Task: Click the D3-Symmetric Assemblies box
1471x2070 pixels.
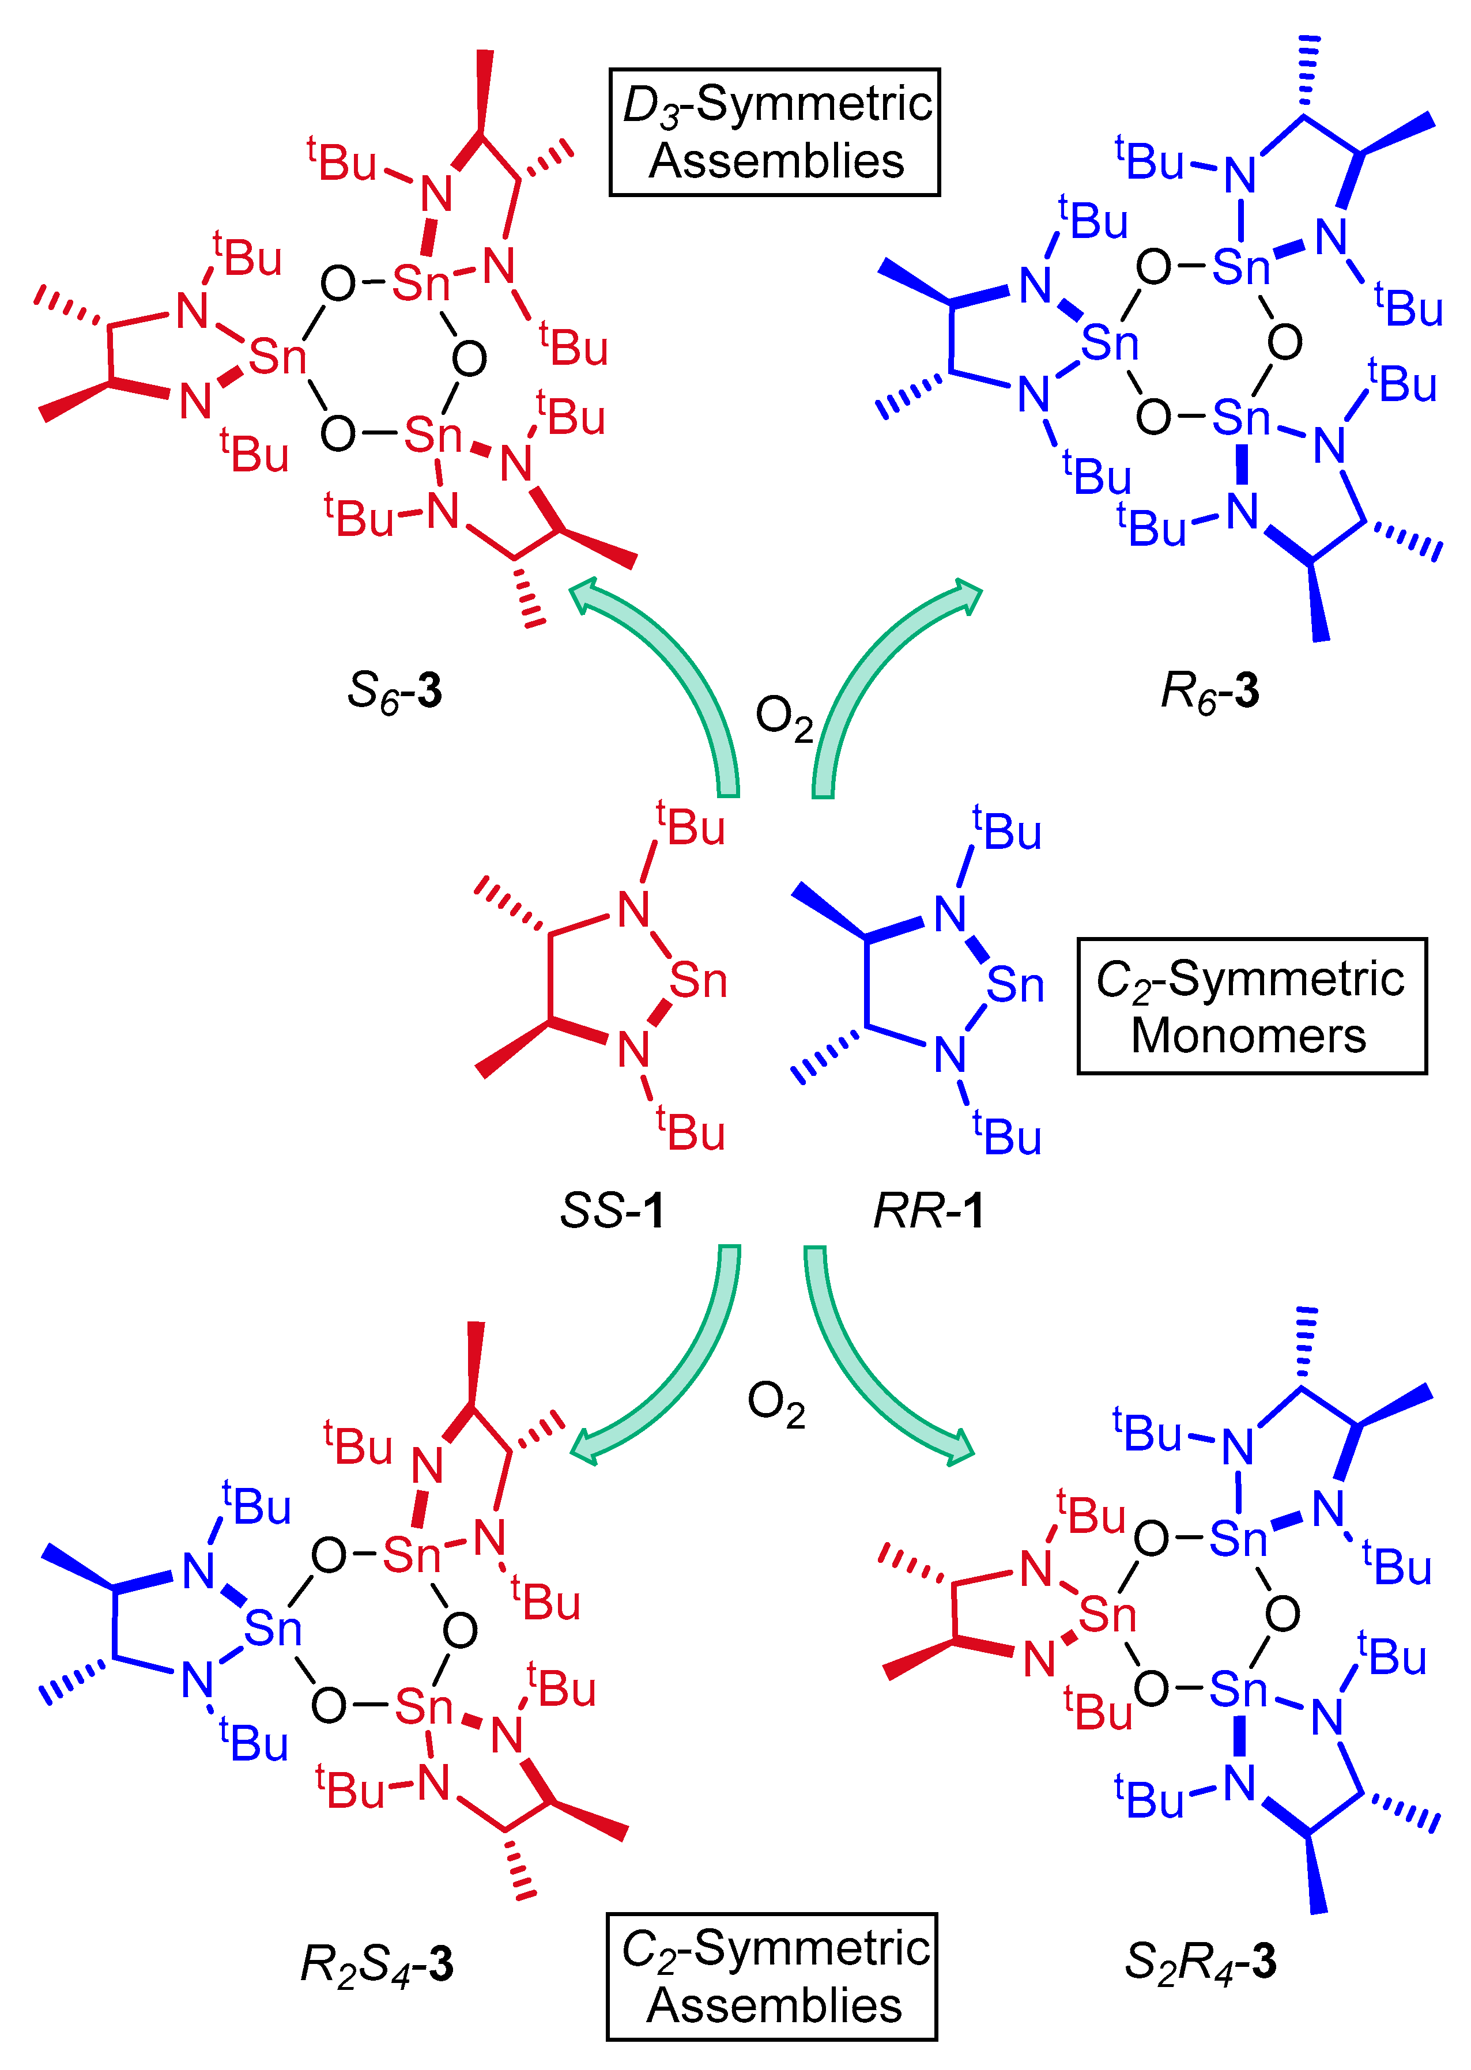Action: [x=775, y=132]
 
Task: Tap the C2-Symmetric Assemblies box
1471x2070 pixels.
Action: [x=772, y=1976]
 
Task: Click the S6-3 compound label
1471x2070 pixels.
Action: [x=395, y=692]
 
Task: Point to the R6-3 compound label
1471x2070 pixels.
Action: [x=1210, y=692]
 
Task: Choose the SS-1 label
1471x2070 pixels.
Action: [x=612, y=1211]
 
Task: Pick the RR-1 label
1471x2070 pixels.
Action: [x=929, y=1211]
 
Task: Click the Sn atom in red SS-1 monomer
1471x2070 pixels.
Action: [x=699, y=981]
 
